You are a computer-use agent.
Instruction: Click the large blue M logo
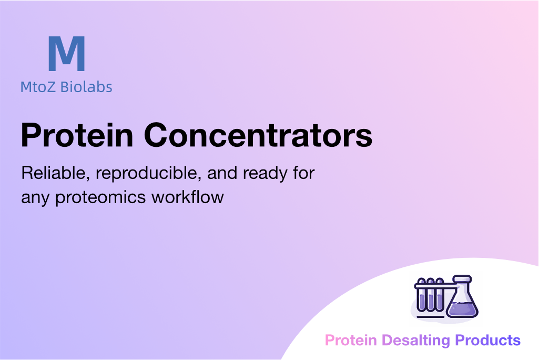[x=67, y=54]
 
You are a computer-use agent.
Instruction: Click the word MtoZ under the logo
[x=37, y=87]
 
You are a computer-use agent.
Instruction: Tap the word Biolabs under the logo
[x=86, y=87]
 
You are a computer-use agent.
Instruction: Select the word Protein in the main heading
[x=77, y=135]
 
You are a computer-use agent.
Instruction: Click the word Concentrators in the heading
[x=258, y=135]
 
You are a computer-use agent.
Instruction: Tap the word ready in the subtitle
[x=265, y=174]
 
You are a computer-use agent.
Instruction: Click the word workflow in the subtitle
[x=188, y=197]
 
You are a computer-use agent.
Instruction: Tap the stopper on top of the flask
[x=462, y=278]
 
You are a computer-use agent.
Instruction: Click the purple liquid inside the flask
[x=462, y=309]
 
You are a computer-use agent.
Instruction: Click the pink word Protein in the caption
[x=351, y=340]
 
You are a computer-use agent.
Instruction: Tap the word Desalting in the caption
[x=416, y=341]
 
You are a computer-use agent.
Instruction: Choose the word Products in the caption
[x=488, y=340]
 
